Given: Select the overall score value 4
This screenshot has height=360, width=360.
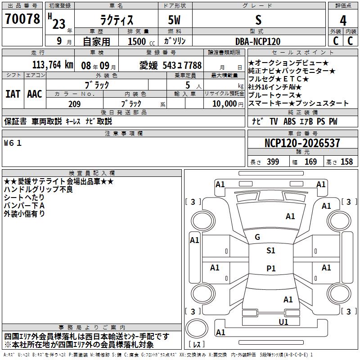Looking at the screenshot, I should [x=343, y=21].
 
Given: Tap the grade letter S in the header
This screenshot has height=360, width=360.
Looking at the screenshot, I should [x=258, y=20].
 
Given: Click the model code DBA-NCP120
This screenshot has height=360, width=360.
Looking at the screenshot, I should [x=258, y=41].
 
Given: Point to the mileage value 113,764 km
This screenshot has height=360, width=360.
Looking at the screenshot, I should [x=53, y=65].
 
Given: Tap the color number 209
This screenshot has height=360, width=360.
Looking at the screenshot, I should [x=74, y=104].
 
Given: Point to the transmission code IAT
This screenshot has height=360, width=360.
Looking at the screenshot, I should [x=13, y=94].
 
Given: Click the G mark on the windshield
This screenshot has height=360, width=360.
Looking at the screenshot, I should [x=257, y=237].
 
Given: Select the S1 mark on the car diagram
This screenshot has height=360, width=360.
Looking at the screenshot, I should [x=270, y=251].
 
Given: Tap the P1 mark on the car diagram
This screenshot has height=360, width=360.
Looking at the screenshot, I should [x=270, y=269].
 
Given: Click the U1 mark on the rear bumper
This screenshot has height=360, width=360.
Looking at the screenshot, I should [x=283, y=322].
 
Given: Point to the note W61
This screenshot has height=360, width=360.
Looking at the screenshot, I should [x=13, y=143].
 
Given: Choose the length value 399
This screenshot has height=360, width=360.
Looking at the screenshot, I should [x=273, y=162].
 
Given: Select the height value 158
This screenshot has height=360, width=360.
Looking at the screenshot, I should [x=346, y=162].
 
